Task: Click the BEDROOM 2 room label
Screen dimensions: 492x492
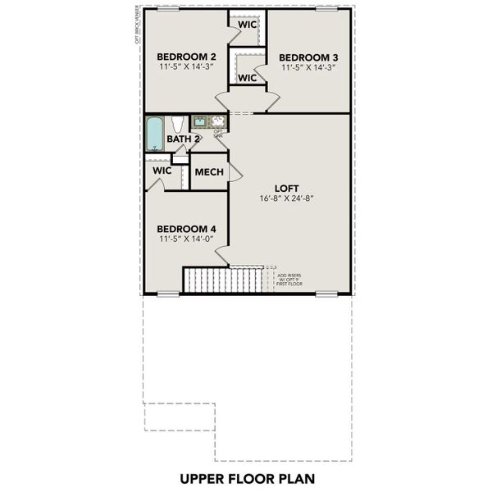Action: (x=186, y=57)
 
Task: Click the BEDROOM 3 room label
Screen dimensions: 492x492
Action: (x=307, y=57)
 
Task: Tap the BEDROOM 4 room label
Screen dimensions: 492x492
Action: (x=186, y=227)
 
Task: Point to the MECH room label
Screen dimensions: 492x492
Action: (x=208, y=173)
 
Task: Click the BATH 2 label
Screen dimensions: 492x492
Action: (x=184, y=139)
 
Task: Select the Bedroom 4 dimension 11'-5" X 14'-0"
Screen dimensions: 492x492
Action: (x=186, y=239)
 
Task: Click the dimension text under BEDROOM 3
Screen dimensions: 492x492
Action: (x=307, y=69)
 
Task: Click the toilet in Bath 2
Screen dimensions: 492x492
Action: (x=176, y=125)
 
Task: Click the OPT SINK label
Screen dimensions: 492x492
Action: (x=218, y=133)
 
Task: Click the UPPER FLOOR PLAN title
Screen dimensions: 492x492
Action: (x=245, y=477)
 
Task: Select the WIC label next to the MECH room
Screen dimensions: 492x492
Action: (x=162, y=171)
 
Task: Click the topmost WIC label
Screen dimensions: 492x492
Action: (x=247, y=25)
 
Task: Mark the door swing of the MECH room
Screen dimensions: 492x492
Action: (x=235, y=171)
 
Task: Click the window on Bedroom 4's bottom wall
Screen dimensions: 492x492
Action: (x=168, y=294)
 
